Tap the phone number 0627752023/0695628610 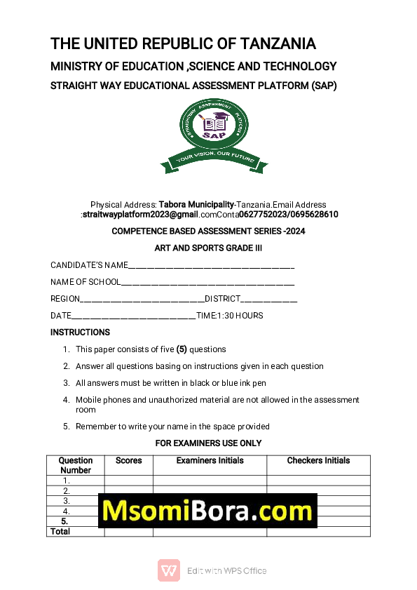pyautogui.click(x=288, y=215)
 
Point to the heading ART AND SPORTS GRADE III pyautogui.click(x=208, y=248)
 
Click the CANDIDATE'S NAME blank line pyautogui.click(x=211, y=266)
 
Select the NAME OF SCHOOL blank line pyautogui.click(x=207, y=283)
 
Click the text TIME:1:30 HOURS pyautogui.click(x=230, y=316)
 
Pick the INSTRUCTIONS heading pyautogui.click(x=80, y=333)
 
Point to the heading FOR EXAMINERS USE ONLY pyautogui.click(x=208, y=443)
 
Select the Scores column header pyautogui.click(x=128, y=461)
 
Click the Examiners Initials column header pyautogui.click(x=210, y=461)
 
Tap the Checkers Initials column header pyautogui.click(x=318, y=461)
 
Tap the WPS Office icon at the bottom pyautogui.click(x=168, y=570)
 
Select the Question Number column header pyautogui.click(x=76, y=466)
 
